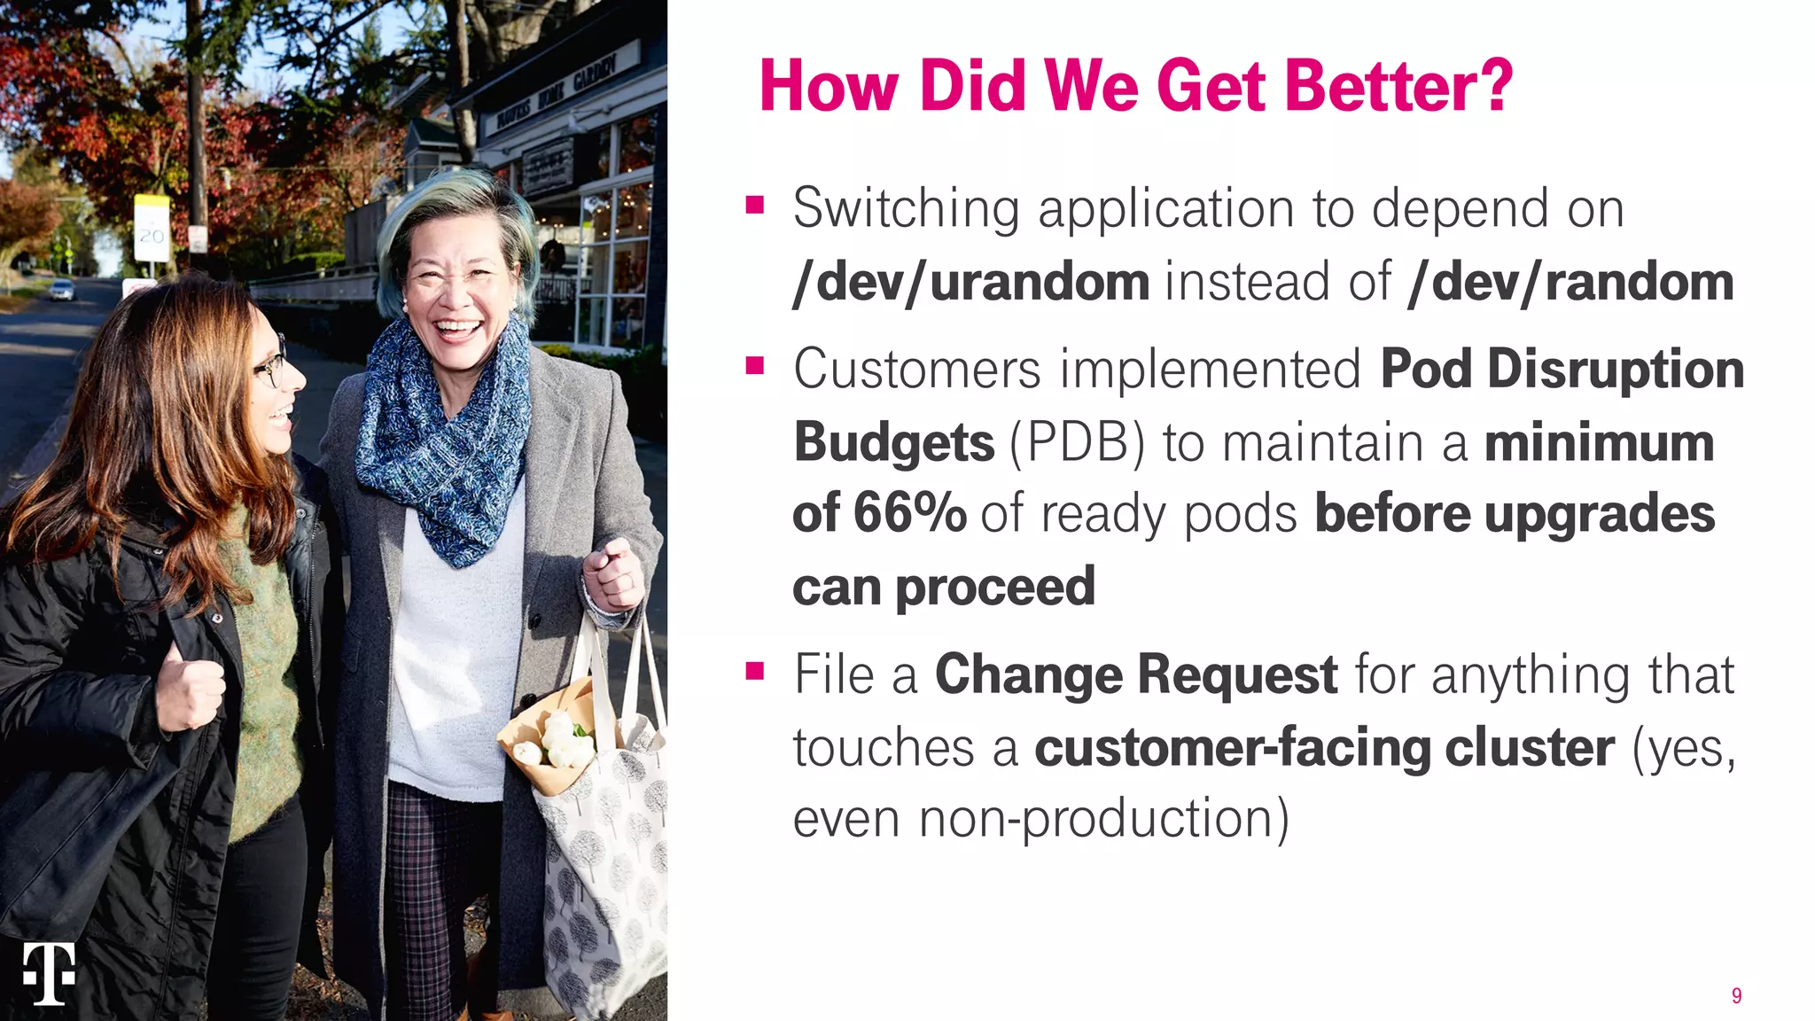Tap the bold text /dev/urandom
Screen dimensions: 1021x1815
point(971,282)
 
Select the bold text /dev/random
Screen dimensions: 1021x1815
point(1570,282)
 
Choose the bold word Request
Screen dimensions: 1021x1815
point(1237,674)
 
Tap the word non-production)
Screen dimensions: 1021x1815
point(1103,818)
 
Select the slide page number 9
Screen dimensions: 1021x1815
point(1736,995)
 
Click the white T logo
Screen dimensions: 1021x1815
point(49,973)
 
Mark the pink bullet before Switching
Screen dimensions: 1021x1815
point(755,207)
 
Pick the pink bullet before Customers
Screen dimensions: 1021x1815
point(755,366)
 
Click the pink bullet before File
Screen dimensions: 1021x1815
point(755,672)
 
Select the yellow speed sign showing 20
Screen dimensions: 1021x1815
point(152,229)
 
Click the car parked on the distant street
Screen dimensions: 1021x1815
point(60,290)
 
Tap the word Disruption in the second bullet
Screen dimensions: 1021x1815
point(1615,370)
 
